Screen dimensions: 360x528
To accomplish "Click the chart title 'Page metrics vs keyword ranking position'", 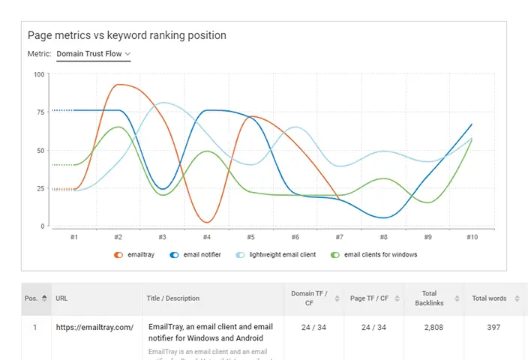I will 127,35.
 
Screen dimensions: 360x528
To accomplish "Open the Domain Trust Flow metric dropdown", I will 94,54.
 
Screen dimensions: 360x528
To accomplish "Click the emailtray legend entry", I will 135,255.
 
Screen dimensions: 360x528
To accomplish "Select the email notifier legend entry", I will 197,255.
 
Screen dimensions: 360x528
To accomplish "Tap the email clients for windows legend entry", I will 374,255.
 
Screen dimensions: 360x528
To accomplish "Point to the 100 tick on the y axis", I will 39,74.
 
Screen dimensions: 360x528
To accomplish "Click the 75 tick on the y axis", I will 40,112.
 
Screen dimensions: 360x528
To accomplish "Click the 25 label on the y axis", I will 40,188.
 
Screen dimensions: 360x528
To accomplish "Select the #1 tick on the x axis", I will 74,237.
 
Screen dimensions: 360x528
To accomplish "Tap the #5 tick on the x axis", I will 250,237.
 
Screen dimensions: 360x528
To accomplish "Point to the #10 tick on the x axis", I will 472,237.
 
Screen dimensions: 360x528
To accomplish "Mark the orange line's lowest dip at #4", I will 207,222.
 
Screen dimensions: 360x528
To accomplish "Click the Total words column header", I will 489,298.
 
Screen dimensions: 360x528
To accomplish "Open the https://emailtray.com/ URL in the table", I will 94,327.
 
